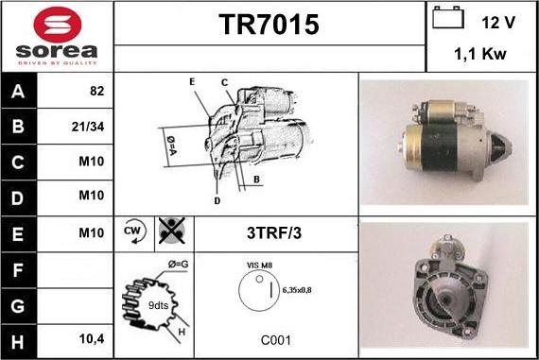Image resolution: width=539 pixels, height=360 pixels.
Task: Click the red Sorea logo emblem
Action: (58, 25)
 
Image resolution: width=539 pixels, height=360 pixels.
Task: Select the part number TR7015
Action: (269, 25)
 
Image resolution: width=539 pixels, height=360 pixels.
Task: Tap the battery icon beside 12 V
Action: (448, 17)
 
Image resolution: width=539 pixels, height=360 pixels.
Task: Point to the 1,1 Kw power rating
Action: (479, 54)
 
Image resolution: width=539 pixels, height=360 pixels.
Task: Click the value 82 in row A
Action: (96, 91)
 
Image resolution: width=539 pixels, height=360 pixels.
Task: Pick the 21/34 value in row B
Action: (88, 127)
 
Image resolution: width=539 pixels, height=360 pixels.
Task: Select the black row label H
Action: (18, 342)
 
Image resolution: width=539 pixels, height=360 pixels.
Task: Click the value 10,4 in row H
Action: (92, 339)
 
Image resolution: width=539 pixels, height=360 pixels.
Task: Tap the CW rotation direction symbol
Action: (134, 231)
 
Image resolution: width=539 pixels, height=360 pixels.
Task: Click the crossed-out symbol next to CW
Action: (172, 231)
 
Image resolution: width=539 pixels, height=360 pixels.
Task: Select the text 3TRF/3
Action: (274, 232)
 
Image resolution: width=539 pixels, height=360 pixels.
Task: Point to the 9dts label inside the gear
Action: (158, 305)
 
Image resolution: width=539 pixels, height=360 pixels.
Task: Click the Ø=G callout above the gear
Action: (178, 265)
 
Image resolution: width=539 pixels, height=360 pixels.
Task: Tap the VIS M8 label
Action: (259, 266)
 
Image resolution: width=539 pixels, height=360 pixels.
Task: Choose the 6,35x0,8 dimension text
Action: (297, 290)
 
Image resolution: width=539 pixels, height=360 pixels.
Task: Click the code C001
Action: (276, 340)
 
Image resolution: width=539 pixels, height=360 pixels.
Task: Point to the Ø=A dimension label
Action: (171, 146)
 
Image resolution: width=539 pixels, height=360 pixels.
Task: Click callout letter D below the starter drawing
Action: (217, 201)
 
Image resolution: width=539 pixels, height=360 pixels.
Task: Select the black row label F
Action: (18, 270)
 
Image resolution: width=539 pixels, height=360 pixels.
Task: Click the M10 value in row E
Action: (92, 232)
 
